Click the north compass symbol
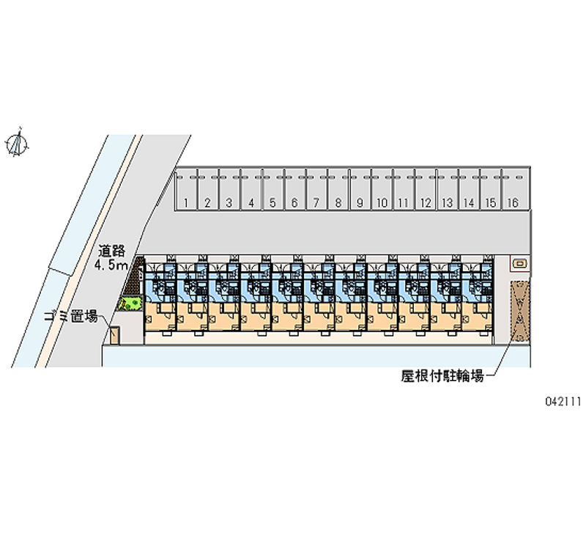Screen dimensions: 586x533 coord(17,142)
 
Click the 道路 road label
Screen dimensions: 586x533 coord(111,251)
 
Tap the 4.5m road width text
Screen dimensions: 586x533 coord(111,265)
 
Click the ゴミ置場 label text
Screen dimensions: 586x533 coord(71,316)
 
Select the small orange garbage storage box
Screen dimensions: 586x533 coord(114,335)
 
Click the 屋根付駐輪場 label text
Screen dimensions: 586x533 coord(442,375)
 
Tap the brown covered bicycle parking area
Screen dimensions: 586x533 coord(520,311)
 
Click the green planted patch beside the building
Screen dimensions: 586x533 coord(130,303)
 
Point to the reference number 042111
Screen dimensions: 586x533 coord(563,401)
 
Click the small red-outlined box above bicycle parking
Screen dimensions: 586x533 coord(520,264)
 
